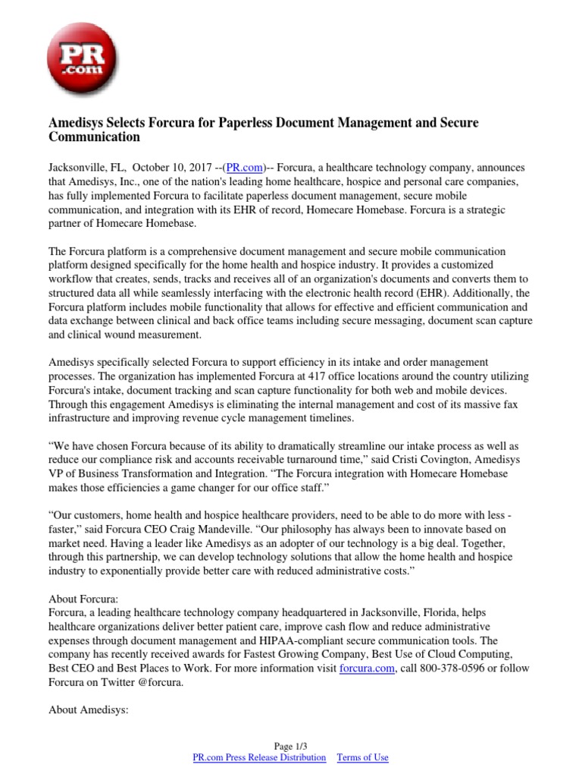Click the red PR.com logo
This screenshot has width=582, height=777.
83,58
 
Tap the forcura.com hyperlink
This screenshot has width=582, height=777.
366,668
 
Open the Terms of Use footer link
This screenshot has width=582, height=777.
362,757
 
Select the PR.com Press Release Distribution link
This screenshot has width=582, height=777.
259,757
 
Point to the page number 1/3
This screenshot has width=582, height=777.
291,746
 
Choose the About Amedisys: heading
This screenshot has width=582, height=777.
89,710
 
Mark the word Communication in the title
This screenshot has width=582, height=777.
94,137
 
